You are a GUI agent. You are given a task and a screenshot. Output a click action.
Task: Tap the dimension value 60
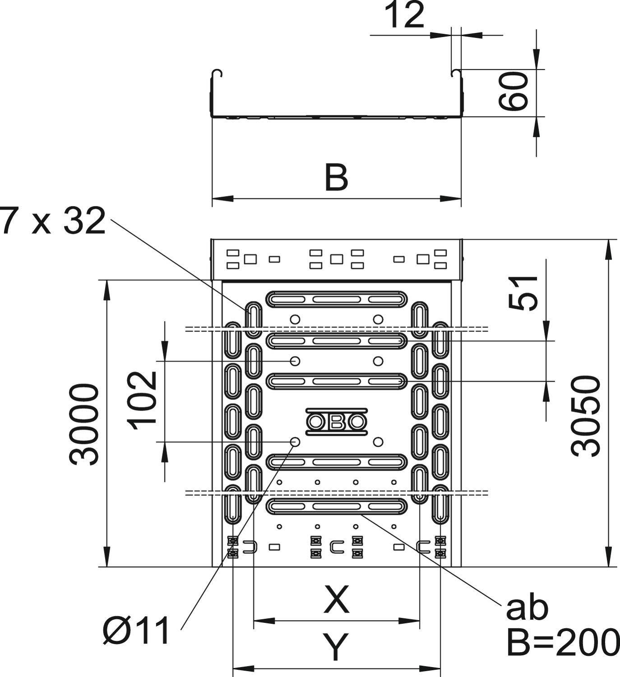coord(514,92)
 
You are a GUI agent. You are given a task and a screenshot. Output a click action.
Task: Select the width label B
coord(337,178)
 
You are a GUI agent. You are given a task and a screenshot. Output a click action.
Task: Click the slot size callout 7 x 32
coord(53,222)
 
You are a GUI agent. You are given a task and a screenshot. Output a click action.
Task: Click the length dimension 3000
coord(84,424)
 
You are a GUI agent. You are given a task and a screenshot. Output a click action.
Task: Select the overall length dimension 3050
coord(586,416)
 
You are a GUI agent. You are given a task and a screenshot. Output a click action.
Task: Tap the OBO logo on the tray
coord(337,422)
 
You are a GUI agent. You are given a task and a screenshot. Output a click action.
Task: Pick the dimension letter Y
coord(337,647)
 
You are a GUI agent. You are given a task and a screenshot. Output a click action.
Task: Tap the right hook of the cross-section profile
coord(455,73)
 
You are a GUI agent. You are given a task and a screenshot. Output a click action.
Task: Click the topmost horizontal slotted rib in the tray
coord(337,299)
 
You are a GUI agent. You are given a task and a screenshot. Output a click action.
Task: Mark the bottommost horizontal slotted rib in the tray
coord(337,506)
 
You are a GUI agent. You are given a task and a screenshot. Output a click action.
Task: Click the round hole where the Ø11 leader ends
coord(295,441)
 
